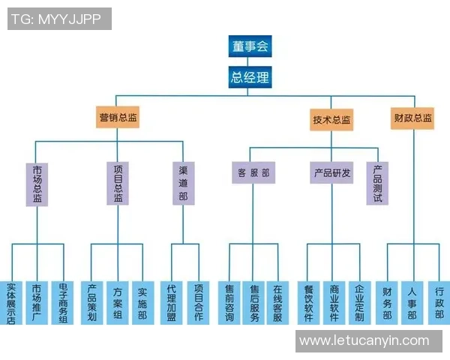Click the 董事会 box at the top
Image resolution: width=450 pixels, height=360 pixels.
[x=250, y=46]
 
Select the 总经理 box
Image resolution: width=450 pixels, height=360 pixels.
[x=250, y=77]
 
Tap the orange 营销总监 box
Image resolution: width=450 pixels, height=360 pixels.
[x=118, y=117]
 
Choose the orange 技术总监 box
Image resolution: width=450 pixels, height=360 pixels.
[x=331, y=120]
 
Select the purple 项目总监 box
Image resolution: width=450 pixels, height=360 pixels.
[x=118, y=184]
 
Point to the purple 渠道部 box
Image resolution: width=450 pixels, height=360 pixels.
[x=182, y=184]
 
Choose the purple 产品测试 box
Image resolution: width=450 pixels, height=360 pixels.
[x=378, y=183]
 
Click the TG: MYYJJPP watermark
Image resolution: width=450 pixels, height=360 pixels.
[x=59, y=19]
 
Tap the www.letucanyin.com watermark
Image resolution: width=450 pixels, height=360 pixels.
[x=364, y=341]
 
